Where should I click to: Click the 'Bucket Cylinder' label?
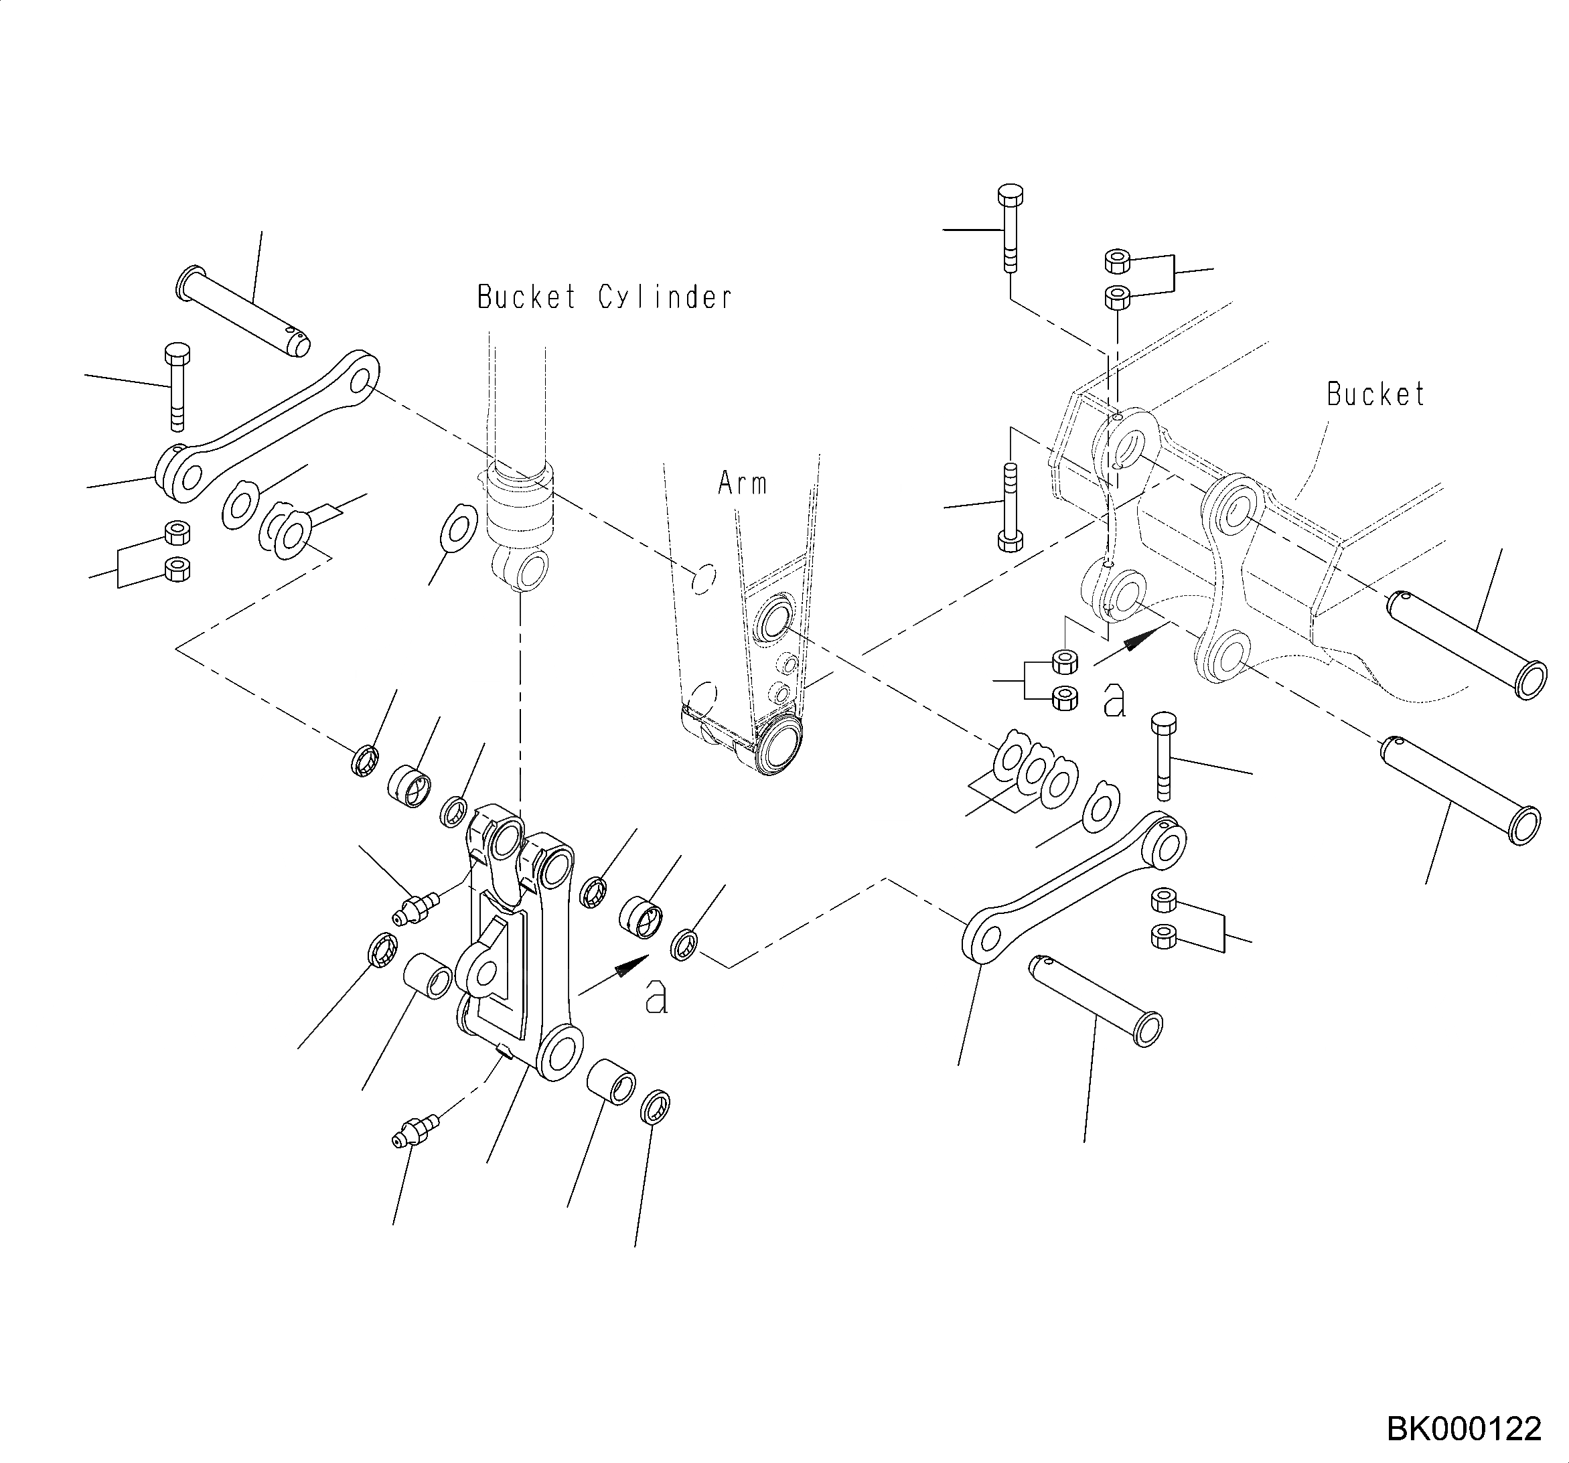605,297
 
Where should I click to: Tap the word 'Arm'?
742,483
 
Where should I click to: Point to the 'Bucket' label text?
1375,394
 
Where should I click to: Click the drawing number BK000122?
1463,1429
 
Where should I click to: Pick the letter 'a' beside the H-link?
656,998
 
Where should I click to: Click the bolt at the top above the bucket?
1011,228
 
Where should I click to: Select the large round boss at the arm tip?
778,746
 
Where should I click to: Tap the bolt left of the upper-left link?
177,386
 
